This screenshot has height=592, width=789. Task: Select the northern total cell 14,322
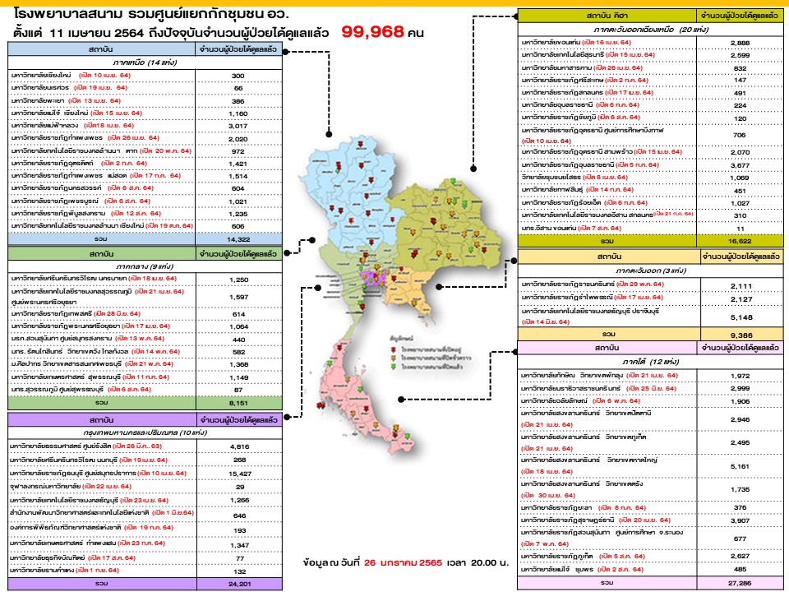[x=238, y=238]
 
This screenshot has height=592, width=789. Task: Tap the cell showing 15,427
[x=238, y=474]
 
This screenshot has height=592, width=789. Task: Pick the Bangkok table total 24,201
[x=238, y=583]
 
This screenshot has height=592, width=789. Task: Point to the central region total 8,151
[x=238, y=403]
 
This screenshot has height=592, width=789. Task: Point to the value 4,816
[x=238, y=447]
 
